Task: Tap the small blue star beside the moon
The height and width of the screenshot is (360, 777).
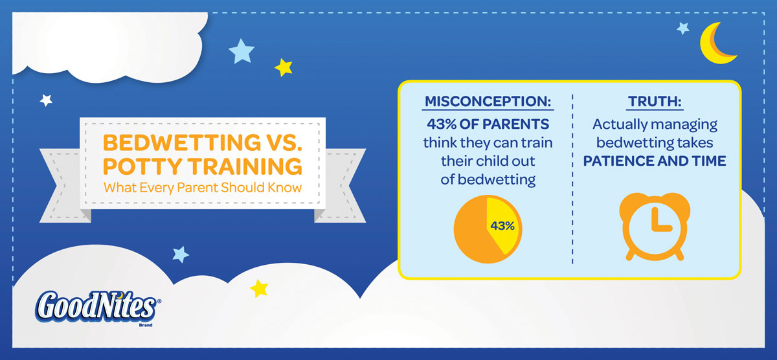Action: (683, 28)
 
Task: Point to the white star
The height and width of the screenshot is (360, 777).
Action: (46, 100)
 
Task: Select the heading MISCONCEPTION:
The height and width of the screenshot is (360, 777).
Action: (488, 101)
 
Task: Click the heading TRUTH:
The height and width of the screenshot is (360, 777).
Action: (655, 101)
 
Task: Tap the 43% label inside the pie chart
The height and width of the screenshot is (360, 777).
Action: (502, 226)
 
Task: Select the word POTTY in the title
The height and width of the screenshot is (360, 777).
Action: (142, 166)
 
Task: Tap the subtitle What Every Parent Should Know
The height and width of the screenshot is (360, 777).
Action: (203, 188)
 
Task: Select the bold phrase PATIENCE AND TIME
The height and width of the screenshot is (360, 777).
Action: (655, 161)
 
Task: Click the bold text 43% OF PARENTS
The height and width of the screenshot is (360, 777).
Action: (488, 124)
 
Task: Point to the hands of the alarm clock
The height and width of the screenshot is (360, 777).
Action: (660, 221)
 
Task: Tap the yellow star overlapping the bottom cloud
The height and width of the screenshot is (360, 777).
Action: (259, 288)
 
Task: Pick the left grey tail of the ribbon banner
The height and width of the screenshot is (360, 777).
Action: (62, 186)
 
